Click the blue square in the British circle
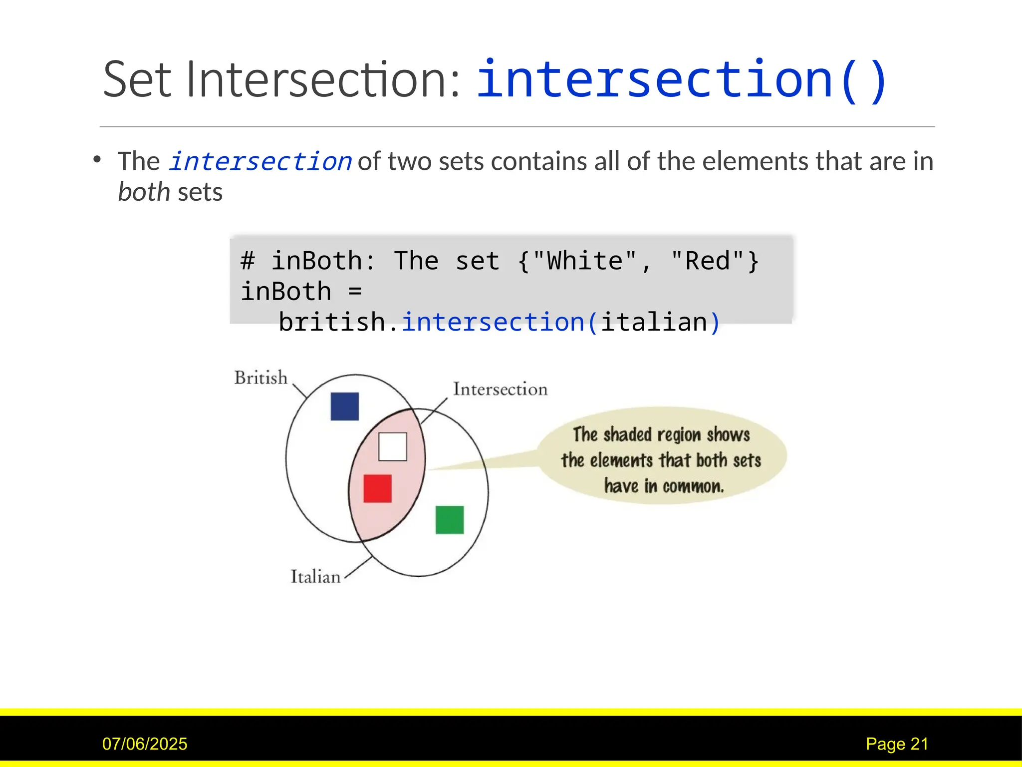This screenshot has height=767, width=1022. pos(344,406)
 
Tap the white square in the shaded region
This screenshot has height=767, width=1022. pos(392,446)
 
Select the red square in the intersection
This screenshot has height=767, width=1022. pos(377,488)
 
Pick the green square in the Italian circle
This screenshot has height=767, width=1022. pos(449,520)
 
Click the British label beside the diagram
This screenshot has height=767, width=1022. pos(261,378)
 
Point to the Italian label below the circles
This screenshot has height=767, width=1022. pos(315,577)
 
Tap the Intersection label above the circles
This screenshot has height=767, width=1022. pos(500,389)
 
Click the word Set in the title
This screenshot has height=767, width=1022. pos(137,80)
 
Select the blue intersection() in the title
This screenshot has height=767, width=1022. pos(681,80)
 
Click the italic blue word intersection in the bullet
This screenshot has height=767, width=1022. pos(260,162)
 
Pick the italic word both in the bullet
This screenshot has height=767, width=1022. pos(144,192)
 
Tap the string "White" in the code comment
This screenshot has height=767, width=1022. pos(585,261)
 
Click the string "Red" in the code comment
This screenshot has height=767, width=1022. pos(708,261)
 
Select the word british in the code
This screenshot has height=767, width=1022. pos(332,322)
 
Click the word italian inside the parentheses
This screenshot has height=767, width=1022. pos(654,322)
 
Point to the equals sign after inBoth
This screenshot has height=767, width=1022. pos(355,292)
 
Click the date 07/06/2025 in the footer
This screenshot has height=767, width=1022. pos(145,744)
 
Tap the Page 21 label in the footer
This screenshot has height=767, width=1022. pos(897,744)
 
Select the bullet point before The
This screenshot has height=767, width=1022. pos(97,160)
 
